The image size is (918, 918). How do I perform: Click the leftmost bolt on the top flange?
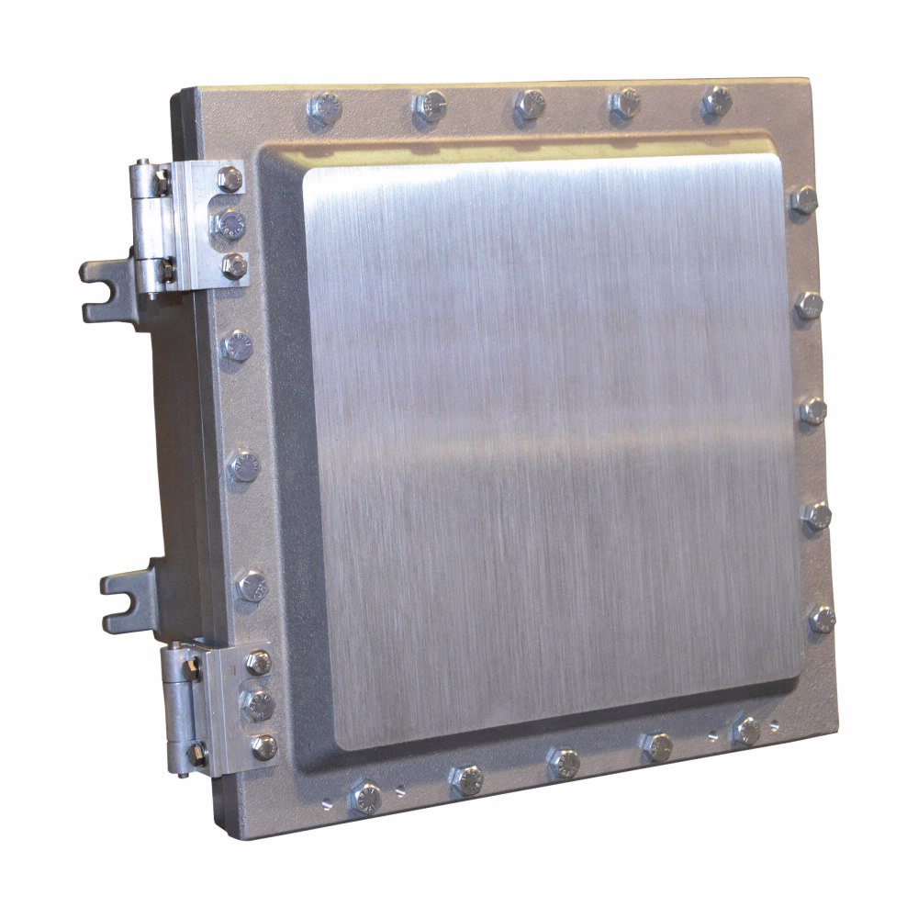pyautogui.click(x=323, y=109)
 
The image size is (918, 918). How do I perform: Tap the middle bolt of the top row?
pyautogui.click(x=530, y=104)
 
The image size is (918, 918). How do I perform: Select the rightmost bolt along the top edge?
pyautogui.click(x=715, y=100)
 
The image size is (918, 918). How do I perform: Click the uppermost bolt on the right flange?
pyautogui.click(x=803, y=199)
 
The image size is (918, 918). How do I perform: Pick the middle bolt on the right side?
pyautogui.click(x=812, y=410)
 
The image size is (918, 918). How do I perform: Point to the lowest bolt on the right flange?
pyautogui.click(x=822, y=620)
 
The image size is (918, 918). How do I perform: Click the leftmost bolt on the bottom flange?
pyautogui.click(x=365, y=796)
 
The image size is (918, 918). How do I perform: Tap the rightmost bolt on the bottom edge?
pyautogui.click(x=747, y=731)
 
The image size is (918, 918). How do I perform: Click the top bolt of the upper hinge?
pyautogui.click(x=229, y=179)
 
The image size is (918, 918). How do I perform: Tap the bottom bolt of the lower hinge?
pyautogui.click(x=263, y=746)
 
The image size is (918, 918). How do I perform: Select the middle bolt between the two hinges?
pyautogui.click(x=243, y=466)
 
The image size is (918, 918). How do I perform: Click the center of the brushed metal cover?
pyautogui.click(x=551, y=450)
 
